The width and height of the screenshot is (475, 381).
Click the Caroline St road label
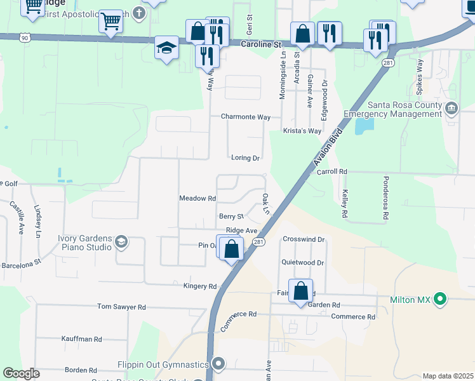click(x=260, y=44)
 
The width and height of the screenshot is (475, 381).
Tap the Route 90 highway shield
click(x=24, y=37)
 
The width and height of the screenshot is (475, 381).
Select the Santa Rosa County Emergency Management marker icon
click(x=452, y=108)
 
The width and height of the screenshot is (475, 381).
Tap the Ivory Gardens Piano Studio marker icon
click(x=121, y=242)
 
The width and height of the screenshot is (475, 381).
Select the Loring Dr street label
click(x=245, y=158)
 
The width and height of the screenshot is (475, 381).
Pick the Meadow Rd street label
click(x=197, y=199)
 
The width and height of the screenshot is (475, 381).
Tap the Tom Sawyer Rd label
click(x=121, y=307)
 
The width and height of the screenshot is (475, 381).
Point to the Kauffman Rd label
click(x=82, y=340)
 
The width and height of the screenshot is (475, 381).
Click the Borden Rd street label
click(x=81, y=370)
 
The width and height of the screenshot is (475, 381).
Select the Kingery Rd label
click(x=200, y=286)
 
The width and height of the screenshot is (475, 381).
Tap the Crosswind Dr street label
click(x=304, y=239)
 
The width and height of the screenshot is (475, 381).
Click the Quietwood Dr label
click(x=303, y=262)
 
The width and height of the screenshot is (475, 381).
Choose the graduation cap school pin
click(x=166, y=48)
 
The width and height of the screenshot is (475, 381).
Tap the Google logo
click(x=21, y=374)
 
